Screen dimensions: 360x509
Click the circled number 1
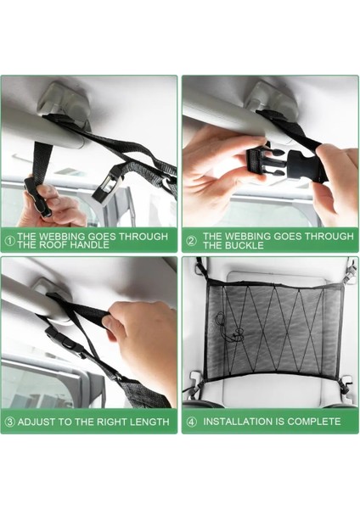[10, 241]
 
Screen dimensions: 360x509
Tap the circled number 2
[191, 241]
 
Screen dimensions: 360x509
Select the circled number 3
[10, 422]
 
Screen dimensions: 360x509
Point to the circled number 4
[192, 422]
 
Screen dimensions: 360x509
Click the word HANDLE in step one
[90, 245]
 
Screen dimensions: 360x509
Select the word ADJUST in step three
[36, 422]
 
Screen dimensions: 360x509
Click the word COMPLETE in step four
[314, 422]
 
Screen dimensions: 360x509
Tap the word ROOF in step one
[53, 245]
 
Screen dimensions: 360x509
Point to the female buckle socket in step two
[304, 165]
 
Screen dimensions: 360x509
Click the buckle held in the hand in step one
[38, 197]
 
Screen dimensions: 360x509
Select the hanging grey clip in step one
[108, 185]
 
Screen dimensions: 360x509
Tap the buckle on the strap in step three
[64, 338]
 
